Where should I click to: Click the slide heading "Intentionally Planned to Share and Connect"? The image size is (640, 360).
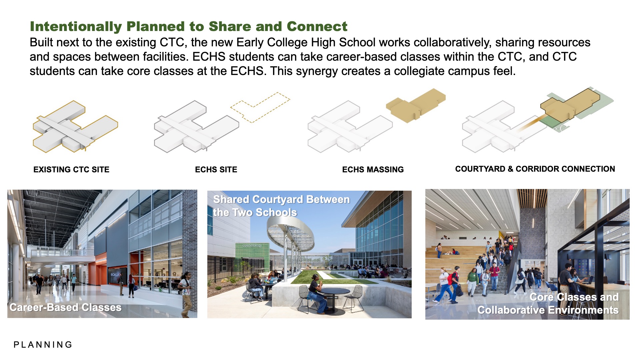[189, 26]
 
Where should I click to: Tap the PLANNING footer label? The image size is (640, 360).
[43, 345]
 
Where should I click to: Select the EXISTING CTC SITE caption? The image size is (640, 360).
[71, 170]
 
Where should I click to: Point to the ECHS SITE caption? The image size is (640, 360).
[216, 170]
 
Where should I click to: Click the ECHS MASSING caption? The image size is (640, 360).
[373, 170]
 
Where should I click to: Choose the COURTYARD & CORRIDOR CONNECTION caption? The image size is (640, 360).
[535, 169]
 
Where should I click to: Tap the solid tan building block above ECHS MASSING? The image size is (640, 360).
[416, 105]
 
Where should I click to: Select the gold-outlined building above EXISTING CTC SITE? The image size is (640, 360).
[75, 127]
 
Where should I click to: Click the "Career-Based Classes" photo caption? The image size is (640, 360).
[65, 307]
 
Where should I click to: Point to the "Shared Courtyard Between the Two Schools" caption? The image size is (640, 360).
[281, 206]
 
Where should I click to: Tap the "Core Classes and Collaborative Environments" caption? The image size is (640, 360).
[548, 303]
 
